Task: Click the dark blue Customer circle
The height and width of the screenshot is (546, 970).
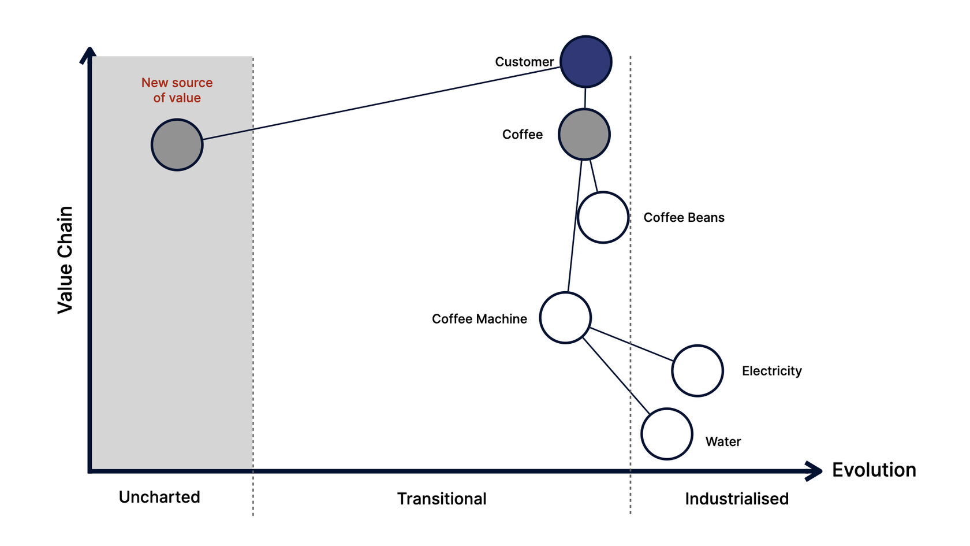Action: click(586, 61)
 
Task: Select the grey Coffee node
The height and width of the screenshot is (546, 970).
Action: click(584, 134)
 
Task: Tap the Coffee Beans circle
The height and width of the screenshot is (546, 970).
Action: click(603, 217)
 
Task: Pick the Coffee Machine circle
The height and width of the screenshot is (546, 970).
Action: click(565, 318)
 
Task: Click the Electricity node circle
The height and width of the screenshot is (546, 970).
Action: click(697, 370)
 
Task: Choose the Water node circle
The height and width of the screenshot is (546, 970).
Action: click(667, 434)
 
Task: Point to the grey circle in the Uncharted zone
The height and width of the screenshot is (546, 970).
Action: click(177, 144)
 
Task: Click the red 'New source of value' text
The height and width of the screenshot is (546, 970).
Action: click(177, 90)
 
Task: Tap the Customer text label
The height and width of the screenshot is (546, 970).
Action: click(524, 62)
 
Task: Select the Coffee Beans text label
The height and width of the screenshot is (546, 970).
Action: click(684, 217)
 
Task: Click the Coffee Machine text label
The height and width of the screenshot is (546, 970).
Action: click(479, 319)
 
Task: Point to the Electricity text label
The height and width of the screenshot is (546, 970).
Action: click(771, 371)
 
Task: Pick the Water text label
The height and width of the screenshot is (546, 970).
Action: click(723, 441)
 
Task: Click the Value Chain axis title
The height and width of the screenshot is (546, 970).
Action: click(65, 260)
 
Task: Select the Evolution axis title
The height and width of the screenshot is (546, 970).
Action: click(874, 470)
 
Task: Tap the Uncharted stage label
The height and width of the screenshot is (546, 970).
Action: click(159, 497)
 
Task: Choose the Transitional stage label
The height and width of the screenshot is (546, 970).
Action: click(442, 499)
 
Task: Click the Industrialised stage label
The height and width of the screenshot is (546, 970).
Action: click(737, 499)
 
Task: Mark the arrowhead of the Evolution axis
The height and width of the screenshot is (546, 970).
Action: click(822, 470)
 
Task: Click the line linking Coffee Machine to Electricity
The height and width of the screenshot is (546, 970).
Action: click(632, 344)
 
